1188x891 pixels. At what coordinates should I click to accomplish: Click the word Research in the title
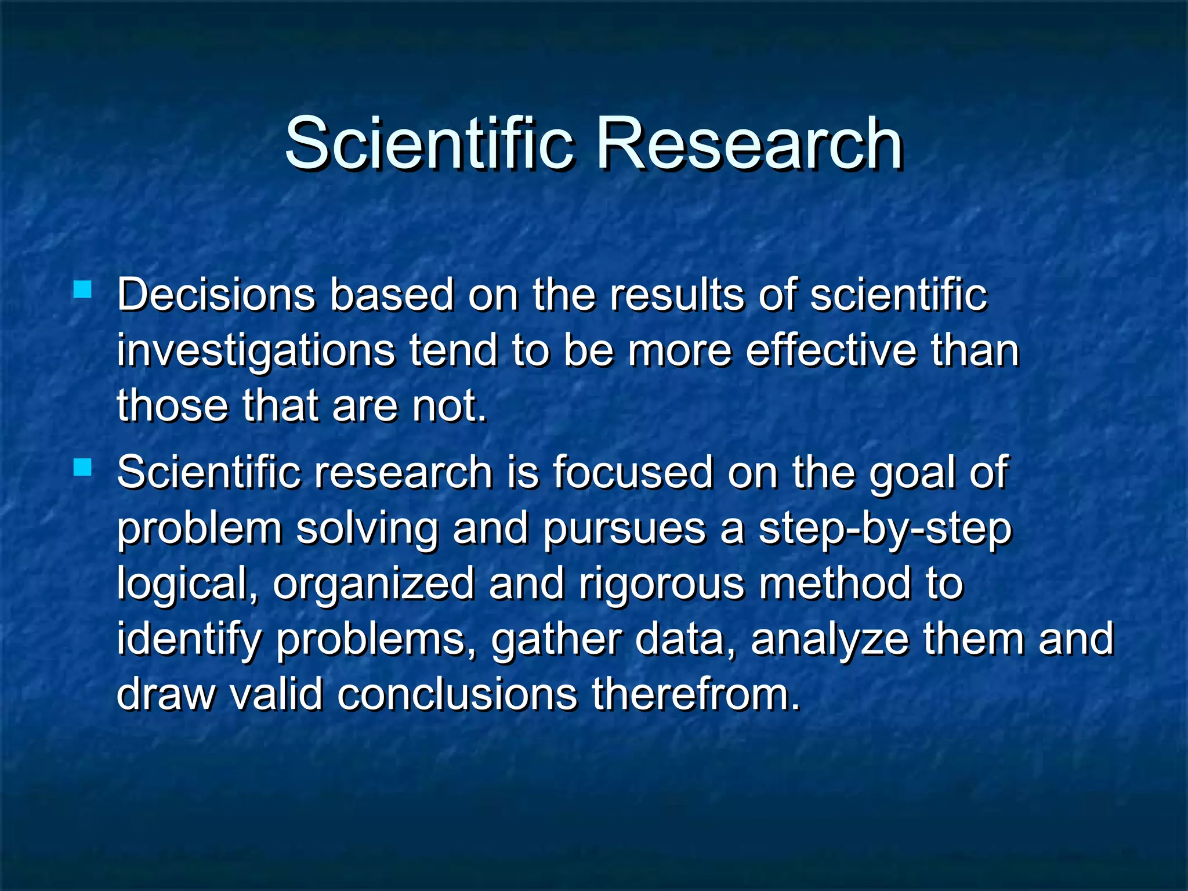(749, 143)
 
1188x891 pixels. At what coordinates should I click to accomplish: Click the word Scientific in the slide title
(430, 143)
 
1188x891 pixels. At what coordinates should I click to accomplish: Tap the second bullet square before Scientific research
(83, 467)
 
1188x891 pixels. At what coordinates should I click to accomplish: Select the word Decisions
(216, 295)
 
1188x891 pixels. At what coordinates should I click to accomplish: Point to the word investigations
(256, 352)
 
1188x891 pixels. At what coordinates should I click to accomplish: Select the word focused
(632, 472)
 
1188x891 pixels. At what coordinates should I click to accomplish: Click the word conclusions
(457, 694)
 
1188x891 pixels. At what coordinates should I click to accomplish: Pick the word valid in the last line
(276, 694)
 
